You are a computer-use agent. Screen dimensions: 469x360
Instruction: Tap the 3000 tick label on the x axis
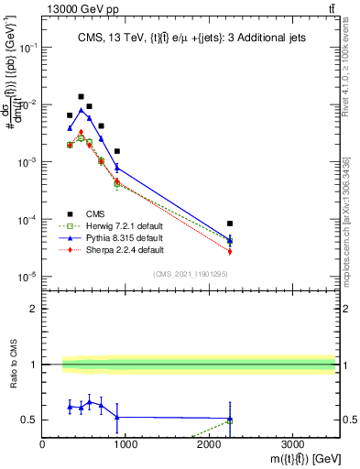[x=292, y=442]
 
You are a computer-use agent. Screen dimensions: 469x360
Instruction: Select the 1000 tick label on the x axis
[x=125, y=442]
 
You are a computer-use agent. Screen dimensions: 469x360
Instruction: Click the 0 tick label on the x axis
[x=43, y=442]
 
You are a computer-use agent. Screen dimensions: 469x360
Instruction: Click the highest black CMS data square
[x=81, y=96]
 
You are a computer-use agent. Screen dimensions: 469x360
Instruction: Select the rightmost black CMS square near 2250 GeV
[x=230, y=224]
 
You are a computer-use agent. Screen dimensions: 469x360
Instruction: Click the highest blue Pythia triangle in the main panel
[x=81, y=110]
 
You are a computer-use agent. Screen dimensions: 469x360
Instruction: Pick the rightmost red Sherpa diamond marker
[x=230, y=251]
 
